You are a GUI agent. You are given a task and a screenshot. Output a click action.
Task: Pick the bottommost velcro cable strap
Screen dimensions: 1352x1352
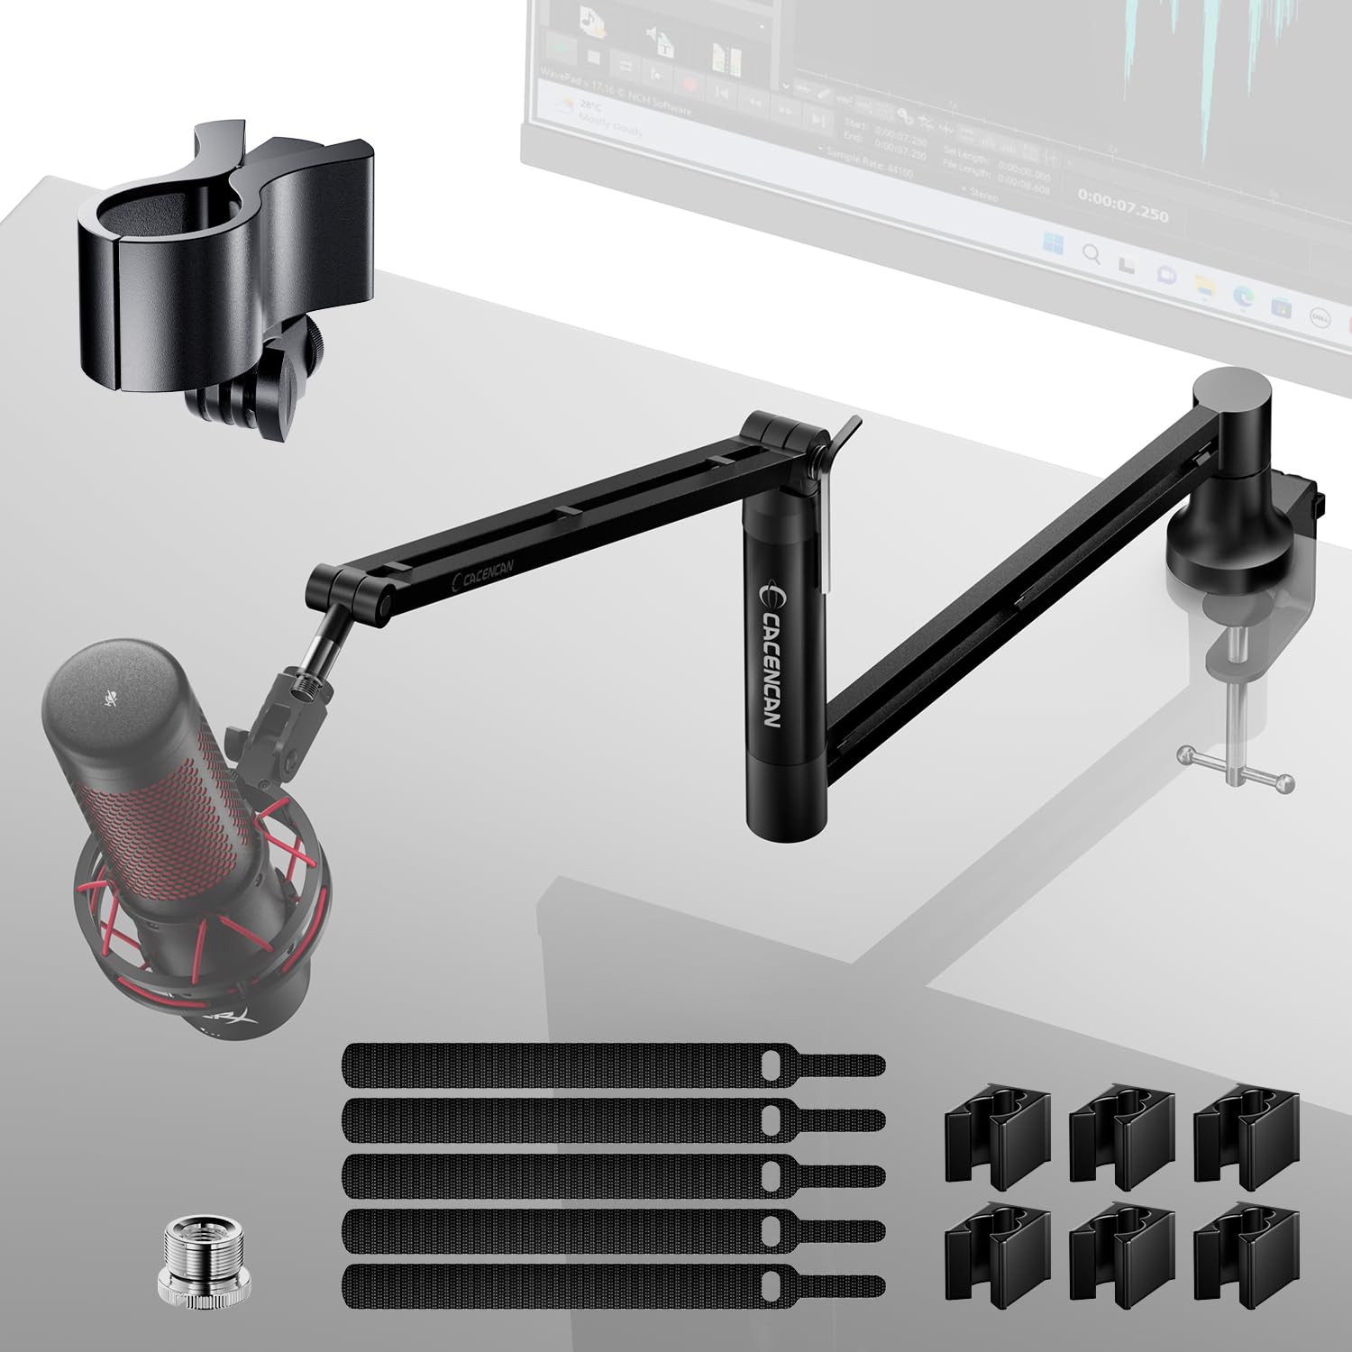[x=613, y=1285]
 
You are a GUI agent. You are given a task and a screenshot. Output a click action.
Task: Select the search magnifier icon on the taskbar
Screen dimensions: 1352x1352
[x=1091, y=254]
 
